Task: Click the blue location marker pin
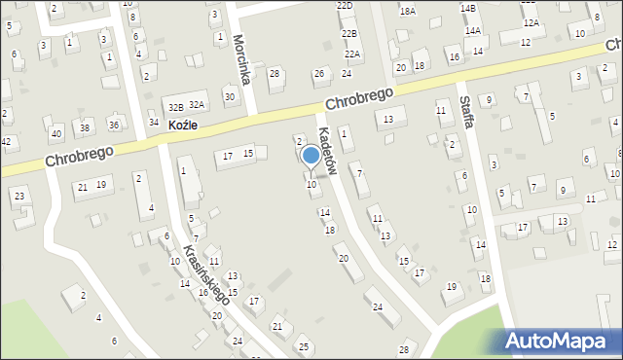[x=311, y=156]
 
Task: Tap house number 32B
[x=175, y=106]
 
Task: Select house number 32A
[x=197, y=104]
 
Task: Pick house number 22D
[x=345, y=6]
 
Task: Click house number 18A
[x=407, y=11]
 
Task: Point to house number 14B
[x=468, y=8]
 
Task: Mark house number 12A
[x=531, y=22]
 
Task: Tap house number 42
[x=6, y=141]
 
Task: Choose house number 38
[x=85, y=127]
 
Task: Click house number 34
[x=154, y=122]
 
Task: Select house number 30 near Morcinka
[x=229, y=96]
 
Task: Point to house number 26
[x=318, y=74]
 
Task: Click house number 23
[x=18, y=197]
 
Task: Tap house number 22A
[x=352, y=54]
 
